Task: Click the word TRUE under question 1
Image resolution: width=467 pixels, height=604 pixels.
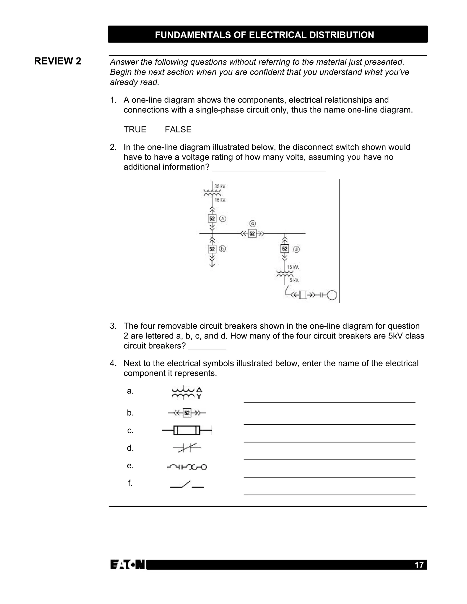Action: coord(135,129)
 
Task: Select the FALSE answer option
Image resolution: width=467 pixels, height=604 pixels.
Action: coord(178,129)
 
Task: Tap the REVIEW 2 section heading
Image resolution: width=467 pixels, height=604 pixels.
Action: coord(57,61)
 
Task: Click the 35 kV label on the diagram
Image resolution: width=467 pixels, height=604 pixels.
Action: coord(220,186)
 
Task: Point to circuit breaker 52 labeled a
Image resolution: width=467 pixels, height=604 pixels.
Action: coord(212,219)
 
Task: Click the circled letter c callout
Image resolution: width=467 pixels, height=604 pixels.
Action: coord(252,223)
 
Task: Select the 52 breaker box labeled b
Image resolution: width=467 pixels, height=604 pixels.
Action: coord(212,249)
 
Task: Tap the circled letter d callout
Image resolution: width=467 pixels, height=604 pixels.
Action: coord(296,249)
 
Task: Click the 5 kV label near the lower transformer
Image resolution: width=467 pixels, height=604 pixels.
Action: coord(294,280)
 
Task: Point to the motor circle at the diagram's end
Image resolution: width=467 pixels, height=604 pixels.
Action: coord(332,295)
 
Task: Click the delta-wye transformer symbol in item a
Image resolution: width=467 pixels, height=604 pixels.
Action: coord(187,393)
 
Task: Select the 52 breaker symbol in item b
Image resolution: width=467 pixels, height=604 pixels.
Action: coord(187,413)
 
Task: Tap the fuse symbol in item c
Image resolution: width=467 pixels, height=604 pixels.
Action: coord(187,430)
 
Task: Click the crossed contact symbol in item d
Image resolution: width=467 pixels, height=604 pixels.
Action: coord(187,448)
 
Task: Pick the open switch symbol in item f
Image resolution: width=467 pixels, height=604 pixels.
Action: coord(187,484)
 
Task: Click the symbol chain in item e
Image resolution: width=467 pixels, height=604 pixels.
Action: coord(187,467)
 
